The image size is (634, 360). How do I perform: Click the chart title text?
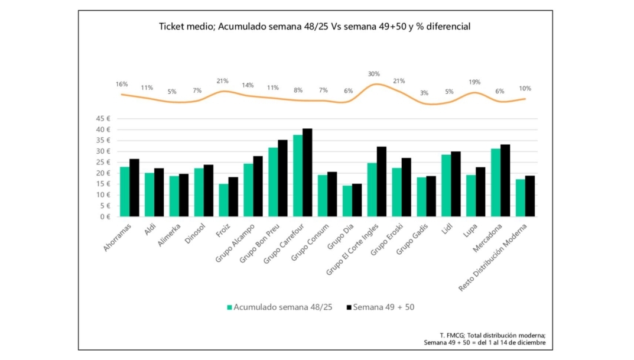[314, 27]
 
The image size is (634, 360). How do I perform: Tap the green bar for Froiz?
[223, 200]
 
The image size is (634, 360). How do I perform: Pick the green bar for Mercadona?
[496, 183]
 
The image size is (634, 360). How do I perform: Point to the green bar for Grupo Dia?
[347, 201]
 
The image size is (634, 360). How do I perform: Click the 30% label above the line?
[374, 74]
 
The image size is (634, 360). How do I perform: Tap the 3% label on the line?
[424, 93]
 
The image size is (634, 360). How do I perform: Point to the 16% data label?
[122, 85]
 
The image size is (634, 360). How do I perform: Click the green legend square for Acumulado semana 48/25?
[229, 307]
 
